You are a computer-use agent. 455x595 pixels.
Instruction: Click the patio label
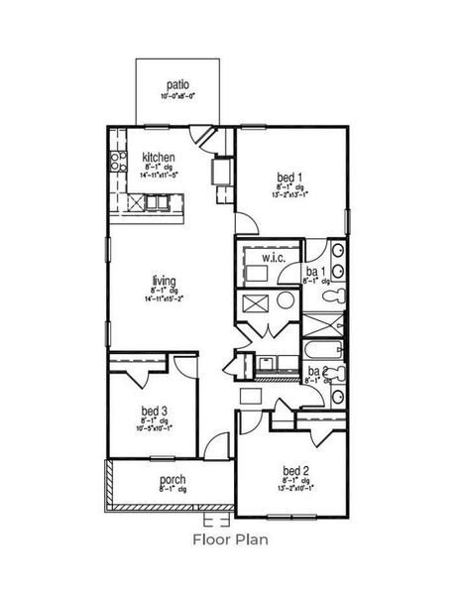click(178, 86)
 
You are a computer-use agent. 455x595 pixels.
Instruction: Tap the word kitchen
click(159, 157)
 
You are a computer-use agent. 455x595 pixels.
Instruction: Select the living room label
click(152, 280)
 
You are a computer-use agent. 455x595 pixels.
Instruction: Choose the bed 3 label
click(154, 411)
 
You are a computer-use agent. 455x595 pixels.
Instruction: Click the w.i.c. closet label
click(274, 259)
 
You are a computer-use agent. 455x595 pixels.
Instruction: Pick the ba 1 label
click(316, 271)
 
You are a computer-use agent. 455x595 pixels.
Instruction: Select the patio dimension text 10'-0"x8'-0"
click(178, 97)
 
